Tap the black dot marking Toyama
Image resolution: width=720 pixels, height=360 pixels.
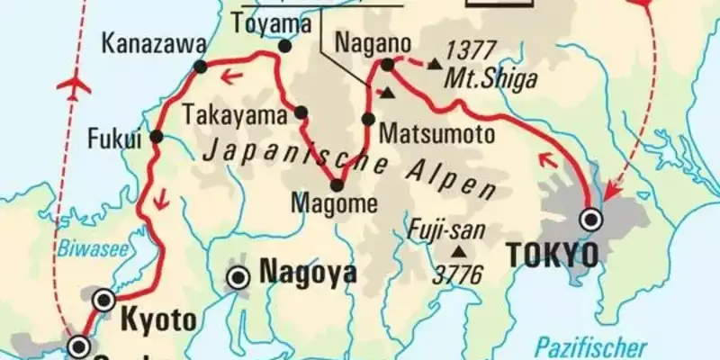coord(285,47)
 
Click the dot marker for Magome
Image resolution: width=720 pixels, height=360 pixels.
coord(337,185)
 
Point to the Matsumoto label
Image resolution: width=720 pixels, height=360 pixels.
coord(436,135)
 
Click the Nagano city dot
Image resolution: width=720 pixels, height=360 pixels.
coord(388,64)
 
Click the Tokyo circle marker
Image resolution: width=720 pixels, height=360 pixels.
coord(591,217)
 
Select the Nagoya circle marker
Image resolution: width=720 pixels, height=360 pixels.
coord(238,278)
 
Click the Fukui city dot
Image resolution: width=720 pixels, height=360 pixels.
coord(157,137)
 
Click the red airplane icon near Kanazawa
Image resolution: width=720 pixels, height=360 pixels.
coord(75,87)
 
